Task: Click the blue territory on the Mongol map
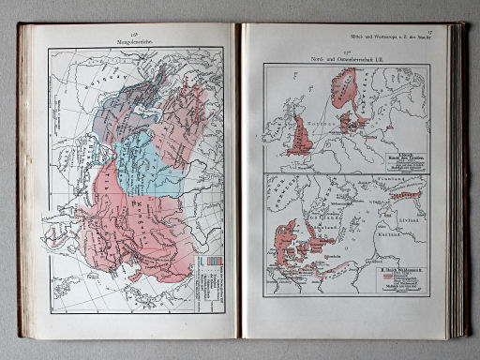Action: pyautogui.click(x=141, y=164)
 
